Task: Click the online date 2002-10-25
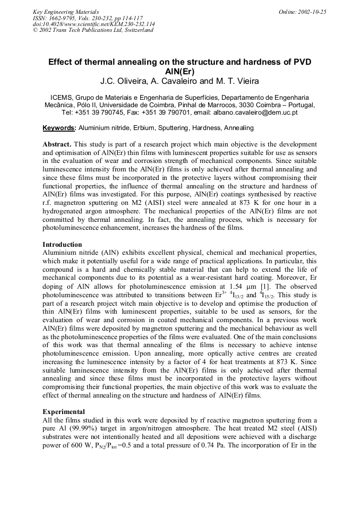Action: pyautogui.click(x=310, y=12)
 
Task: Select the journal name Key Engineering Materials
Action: pyautogui.click(x=66, y=12)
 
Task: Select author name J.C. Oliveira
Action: pyautogui.click(x=125, y=82)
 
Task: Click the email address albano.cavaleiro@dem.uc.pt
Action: pyautogui.click(x=253, y=113)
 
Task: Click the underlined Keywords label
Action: pyautogui.click(x=59, y=128)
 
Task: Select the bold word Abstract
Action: pyautogui.click(x=57, y=144)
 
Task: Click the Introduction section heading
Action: pyautogui.click(x=62, y=245)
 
